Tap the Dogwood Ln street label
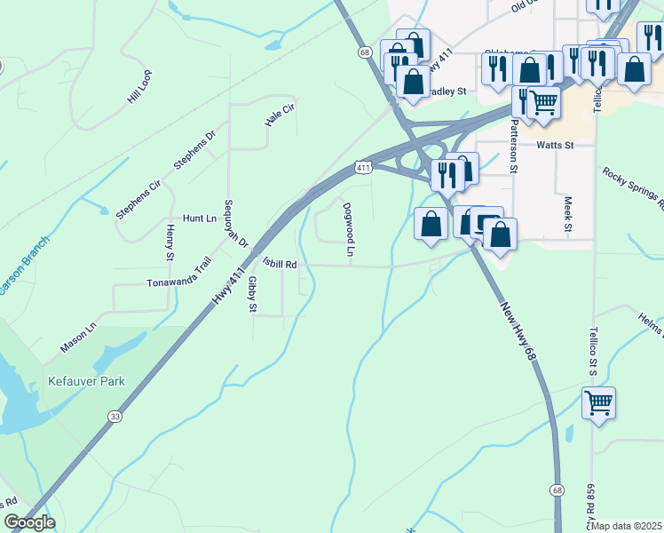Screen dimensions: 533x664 click(x=349, y=231)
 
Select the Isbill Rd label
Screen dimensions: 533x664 click(x=279, y=264)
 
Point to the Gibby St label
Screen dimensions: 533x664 click(x=252, y=294)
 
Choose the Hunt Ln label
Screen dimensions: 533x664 click(x=199, y=218)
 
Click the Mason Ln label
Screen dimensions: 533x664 click(x=77, y=337)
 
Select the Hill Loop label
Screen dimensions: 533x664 click(x=139, y=87)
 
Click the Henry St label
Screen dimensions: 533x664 click(x=170, y=243)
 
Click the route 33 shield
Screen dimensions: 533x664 click(x=115, y=416)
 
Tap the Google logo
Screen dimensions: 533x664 click(x=28, y=522)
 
